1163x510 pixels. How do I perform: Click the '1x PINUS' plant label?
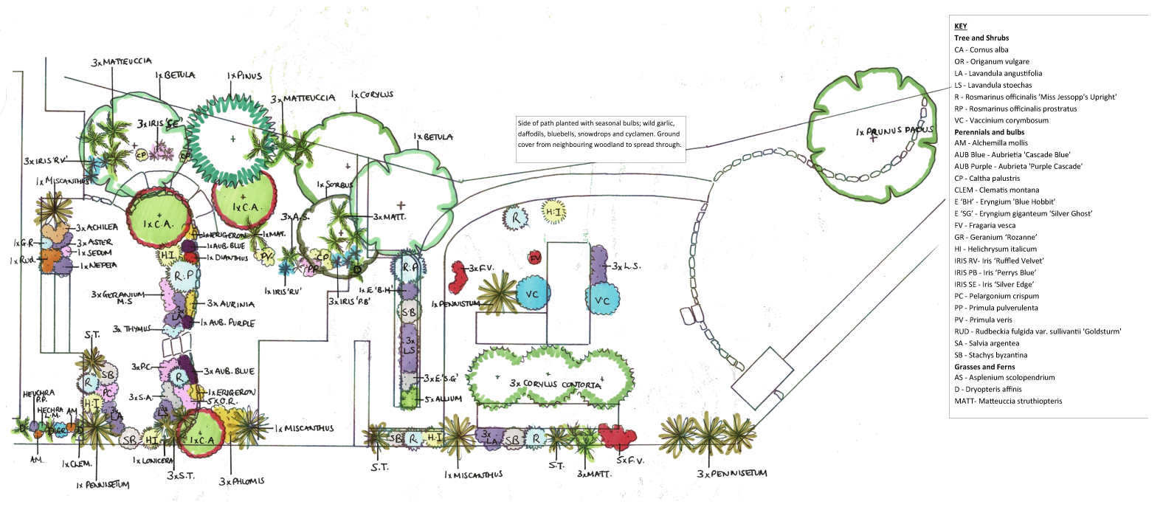pos(244,75)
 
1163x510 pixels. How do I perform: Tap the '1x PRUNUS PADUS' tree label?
pos(894,131)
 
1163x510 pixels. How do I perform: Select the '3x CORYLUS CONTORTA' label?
pos(555,384)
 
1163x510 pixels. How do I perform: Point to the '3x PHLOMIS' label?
pos(241,481)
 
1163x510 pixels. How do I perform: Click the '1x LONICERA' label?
pos(153,461)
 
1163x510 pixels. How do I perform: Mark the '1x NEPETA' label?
pos(98,265)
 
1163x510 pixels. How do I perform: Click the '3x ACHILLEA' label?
pos(97,227)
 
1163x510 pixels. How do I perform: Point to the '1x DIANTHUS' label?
pos(227,258)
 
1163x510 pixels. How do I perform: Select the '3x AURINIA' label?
pos(230,303)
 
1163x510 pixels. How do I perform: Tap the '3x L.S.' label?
pos(627,266)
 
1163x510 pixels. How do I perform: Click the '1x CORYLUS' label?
pos(372,94)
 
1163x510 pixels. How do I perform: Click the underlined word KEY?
pos(960,26)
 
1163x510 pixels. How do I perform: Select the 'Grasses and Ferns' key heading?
pos(984,367)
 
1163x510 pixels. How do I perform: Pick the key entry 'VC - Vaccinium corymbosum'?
pos(1001,120)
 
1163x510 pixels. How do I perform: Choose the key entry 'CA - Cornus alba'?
pos(981,49)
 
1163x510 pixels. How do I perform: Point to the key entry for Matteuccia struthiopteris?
pos(1008,401)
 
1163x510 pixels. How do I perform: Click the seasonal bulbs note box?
pos(600,134)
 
